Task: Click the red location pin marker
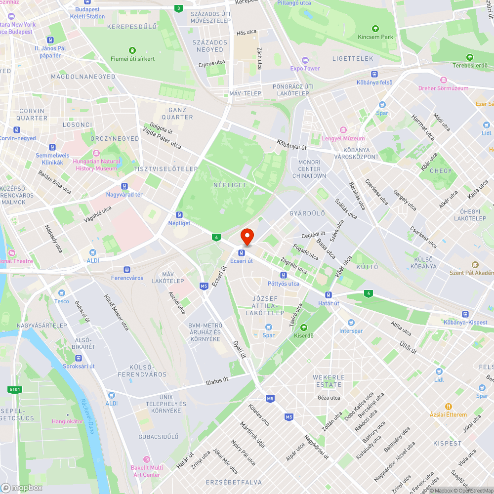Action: pyautogui.click(x=247, y=237)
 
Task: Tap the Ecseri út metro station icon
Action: pyautogui.click(x=242, y=253)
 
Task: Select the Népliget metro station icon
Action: pyautogui.click(x=179, y=215)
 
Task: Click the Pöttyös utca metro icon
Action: pyautogui.click(x=284, y=275)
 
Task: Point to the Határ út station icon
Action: pyautogui.click(x=329, y=295)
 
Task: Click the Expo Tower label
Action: pyautogui.click(x=305, y=69)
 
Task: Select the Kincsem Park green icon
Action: pyautogui.click(x=375, y=29)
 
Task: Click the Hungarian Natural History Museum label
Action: pyautogui.click(x=96, y=165)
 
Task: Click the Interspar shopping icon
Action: pyautogui.click(x=351, y=322)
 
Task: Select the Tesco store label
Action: pyautogui.click(x=62, y=301)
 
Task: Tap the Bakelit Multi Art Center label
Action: pyautogui.click(x=146, y=471)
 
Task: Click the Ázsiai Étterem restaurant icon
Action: pyautogui.click(x=448, y=406)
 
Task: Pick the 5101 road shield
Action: pyautogui.click(x=15, y=390)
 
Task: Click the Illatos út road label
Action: pyautogui.click(x=217, y=381)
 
